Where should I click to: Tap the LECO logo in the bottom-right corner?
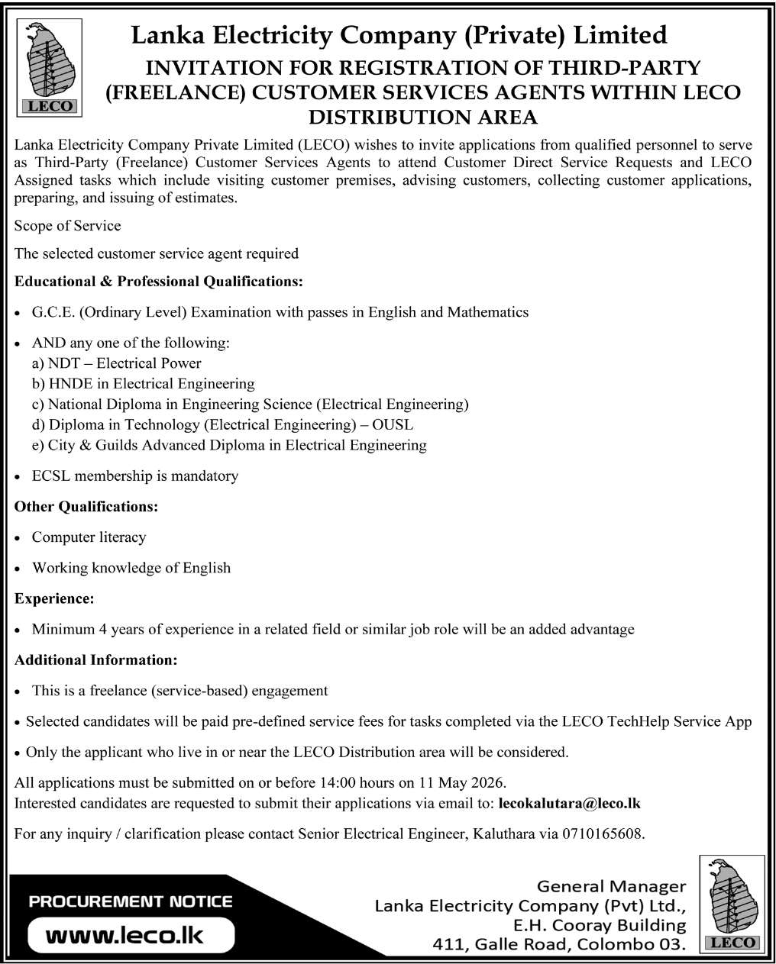732,904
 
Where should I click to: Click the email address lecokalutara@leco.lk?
569,803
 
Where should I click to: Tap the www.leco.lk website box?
125,934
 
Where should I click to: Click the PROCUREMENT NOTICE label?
131,901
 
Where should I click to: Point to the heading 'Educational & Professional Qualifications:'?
159,282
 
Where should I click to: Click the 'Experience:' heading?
54,599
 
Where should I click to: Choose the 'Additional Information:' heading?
96,659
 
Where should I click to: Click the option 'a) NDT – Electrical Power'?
117,363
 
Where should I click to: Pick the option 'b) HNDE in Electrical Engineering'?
143,384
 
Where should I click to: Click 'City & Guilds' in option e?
92,445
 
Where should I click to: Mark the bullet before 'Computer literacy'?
18,538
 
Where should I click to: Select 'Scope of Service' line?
67,226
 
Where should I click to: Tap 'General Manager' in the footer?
612,886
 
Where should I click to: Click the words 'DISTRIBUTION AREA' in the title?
422,118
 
